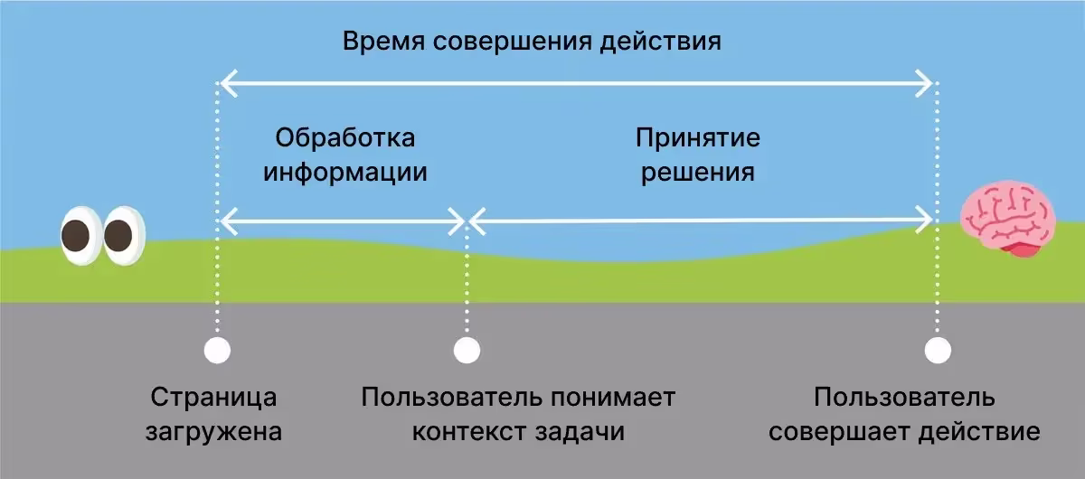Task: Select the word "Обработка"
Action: pos(345,138)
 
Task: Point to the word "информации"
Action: pos(345,172)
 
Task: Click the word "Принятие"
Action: pos(698,138)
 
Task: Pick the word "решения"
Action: pos(698,172)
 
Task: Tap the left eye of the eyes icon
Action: pos(80,236)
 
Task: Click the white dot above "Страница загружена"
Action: pos(217,350)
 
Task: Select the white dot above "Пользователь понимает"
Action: pos(467,350)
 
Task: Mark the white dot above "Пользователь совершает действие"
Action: pos(938,350)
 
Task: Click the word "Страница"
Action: pos(214,398)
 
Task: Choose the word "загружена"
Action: pos(214,431)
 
